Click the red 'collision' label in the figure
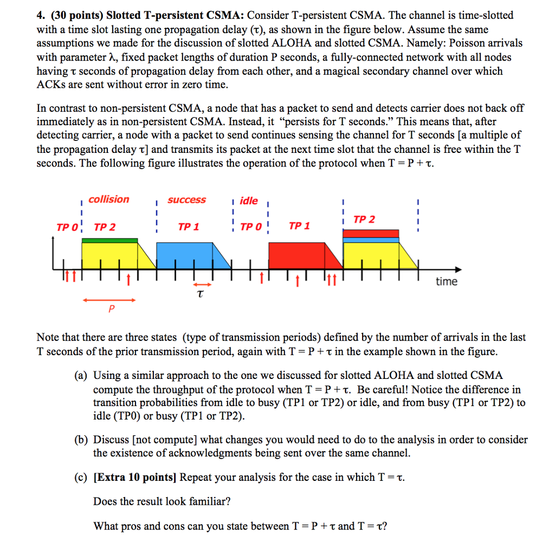[109, 199]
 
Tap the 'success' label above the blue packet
[186, 200]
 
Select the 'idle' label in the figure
[249, 201]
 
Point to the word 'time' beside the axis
[447, 281]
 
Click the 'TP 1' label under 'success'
[188, 227]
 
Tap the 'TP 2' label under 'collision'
[105, 227]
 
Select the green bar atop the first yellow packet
[109, 240]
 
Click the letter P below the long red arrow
[112, 308]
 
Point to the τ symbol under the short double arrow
[200, 294]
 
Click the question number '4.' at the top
[41, 15]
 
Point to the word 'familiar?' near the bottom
[208, 501]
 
